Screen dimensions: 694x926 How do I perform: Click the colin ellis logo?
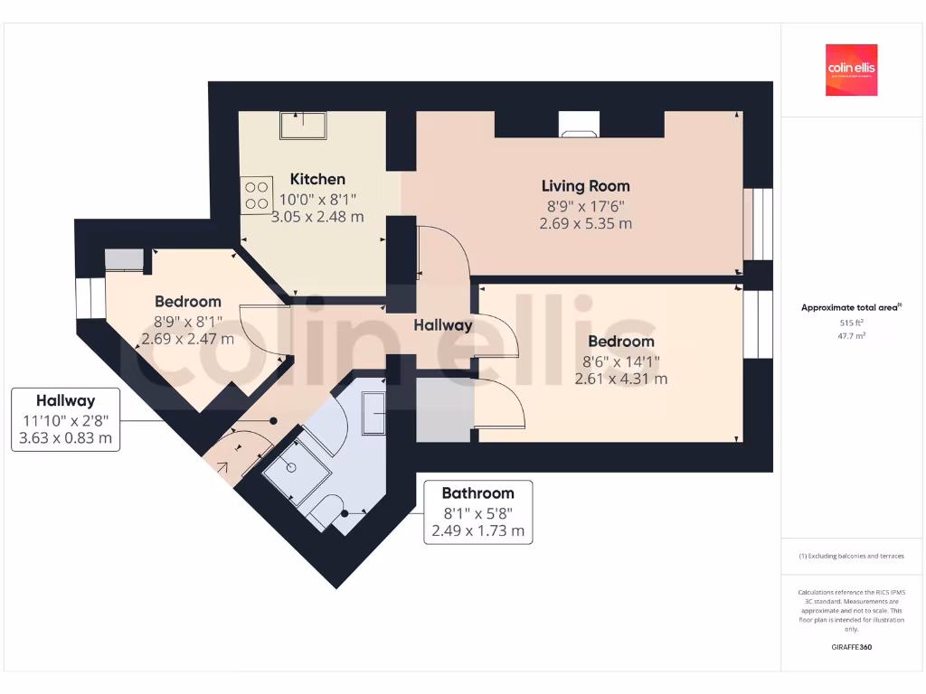851,70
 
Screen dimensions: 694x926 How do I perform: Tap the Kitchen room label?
317,179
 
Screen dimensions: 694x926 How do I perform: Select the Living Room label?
585,186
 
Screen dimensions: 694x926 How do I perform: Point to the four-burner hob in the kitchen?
257,194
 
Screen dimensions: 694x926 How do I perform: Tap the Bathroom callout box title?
477,493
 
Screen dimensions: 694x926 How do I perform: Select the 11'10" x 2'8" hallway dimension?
65,420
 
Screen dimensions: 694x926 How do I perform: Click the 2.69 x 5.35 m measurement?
585,223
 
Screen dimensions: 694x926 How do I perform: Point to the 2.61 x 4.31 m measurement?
621,379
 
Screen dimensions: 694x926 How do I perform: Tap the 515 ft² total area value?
851,322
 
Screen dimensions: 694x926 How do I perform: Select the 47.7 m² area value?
851,334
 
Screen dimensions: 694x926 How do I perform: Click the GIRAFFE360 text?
851,647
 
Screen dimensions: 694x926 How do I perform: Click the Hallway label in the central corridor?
443,325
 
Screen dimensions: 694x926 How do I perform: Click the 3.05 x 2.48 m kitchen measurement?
318,217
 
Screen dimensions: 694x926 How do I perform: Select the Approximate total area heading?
851,307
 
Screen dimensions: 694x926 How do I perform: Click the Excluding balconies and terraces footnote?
851,556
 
